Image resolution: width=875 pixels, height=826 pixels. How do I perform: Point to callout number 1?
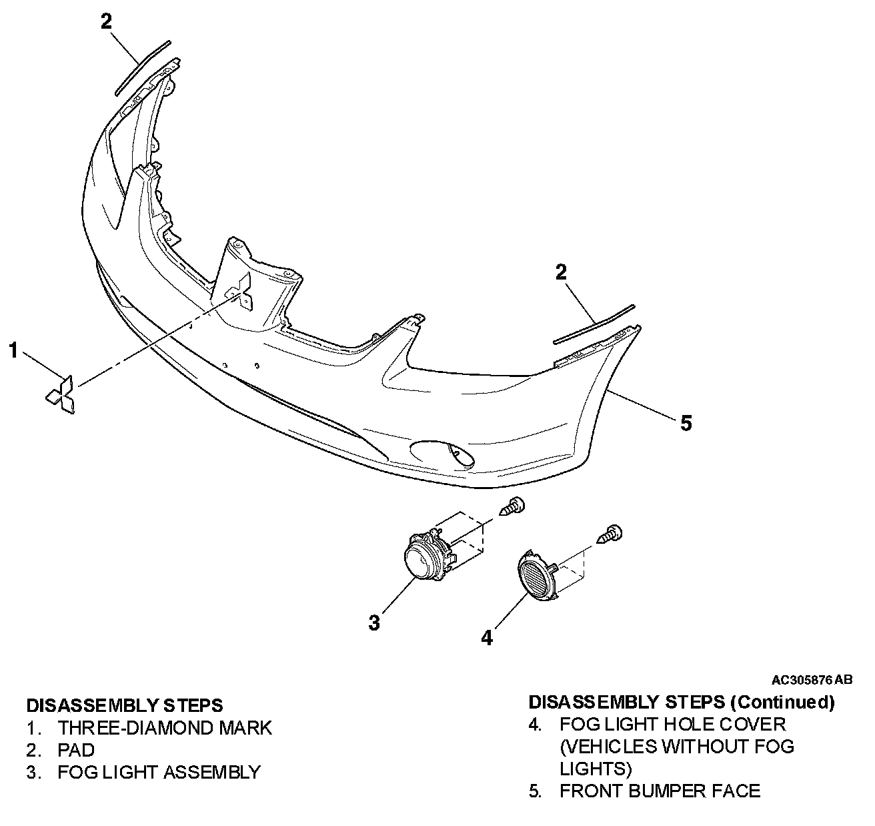click(13, 350)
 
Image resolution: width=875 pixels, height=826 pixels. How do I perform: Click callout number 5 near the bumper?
click(686, 422)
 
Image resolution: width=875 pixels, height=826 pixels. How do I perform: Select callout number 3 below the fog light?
click(374, 623)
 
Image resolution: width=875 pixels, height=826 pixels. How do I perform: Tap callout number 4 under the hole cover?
click(487, 638)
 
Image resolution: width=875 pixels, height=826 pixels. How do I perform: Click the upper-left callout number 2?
click(107, 21)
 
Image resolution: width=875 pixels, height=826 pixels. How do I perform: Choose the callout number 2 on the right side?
click(561, 272)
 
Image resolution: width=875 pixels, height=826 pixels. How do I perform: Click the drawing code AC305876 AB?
click(812, 680)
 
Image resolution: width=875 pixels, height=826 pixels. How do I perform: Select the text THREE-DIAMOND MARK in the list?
click(165, 727)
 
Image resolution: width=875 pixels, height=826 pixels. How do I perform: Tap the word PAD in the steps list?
click(76, 750)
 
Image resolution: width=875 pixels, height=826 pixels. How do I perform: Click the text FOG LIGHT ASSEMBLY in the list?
click(159, 772)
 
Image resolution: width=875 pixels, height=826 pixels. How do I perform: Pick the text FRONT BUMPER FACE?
click(660, 791)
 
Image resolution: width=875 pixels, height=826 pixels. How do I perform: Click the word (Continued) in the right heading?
click(782, 702)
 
